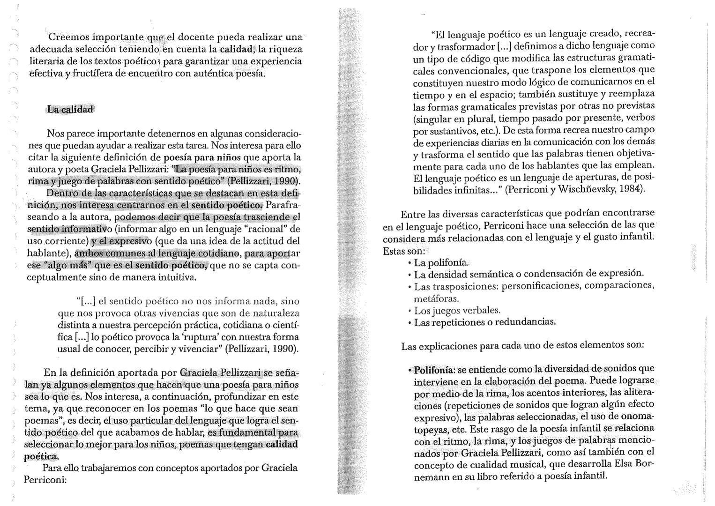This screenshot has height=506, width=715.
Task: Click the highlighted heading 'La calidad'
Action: [70, 110]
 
